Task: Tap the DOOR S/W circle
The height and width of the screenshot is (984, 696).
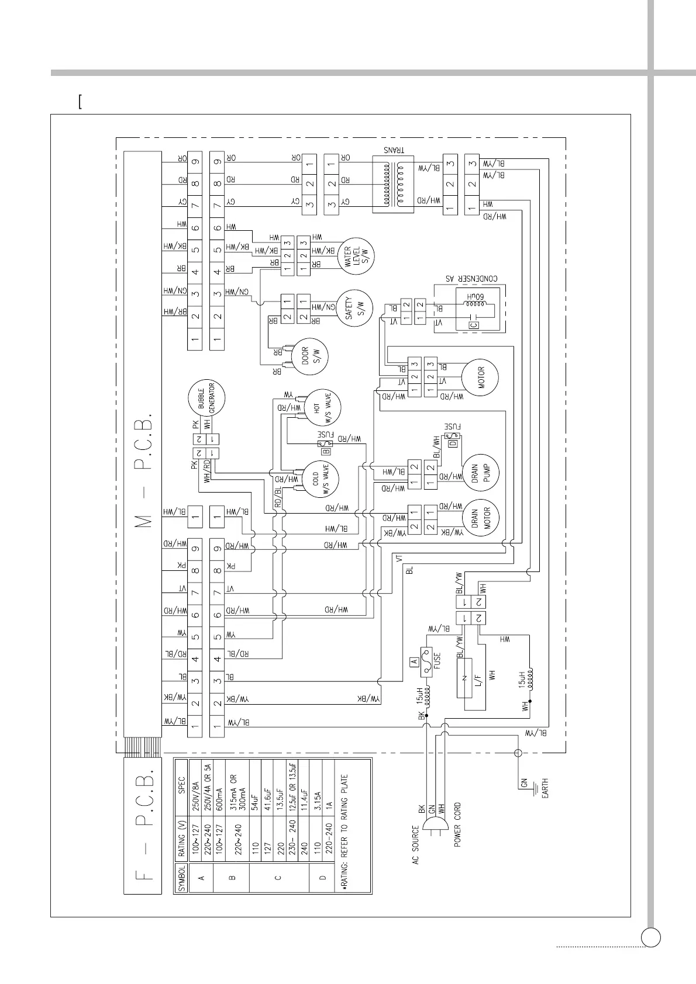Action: [x=310, y=356]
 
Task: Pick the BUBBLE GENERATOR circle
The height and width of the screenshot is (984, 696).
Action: [x=206, y=399]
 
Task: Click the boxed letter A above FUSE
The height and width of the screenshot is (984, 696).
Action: [x=414, y=661]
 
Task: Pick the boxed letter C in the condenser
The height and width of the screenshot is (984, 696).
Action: [x=474, y=325]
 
